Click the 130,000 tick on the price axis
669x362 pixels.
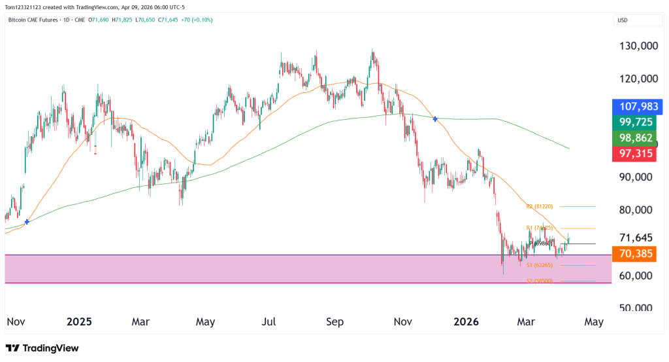tap(637, 46)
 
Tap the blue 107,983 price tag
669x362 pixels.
tap(637, 106)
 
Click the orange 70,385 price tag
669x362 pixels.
tap(637, 254)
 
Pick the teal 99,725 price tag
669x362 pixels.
tap(637, 122)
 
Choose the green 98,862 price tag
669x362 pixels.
tap(637, 137)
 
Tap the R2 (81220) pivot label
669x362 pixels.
tap(540, 206)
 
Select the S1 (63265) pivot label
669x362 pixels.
tap(540, 265)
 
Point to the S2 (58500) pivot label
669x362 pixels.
tap(540, 281)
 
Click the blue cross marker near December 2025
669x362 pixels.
tap(436, 118)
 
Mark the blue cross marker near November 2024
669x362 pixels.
tap(27, 222)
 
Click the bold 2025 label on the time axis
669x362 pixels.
tap(79, 322)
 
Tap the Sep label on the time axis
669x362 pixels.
tap(334, 322)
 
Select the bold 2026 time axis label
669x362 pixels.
tap(466, 322)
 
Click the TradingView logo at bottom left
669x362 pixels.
tap(42, 348)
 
